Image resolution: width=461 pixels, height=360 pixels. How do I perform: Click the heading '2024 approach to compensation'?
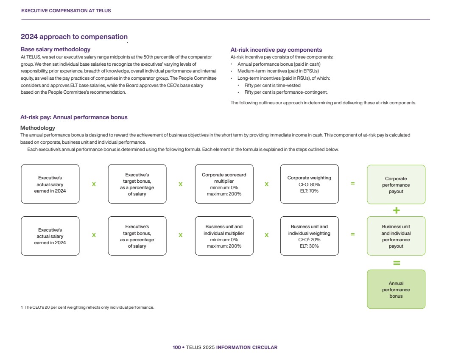point(74,37)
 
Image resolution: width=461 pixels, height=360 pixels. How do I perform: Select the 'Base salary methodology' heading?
point(56,50)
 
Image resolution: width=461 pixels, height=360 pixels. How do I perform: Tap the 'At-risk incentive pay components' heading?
point(276,50)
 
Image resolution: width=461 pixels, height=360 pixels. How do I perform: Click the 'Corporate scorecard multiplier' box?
point(224,184)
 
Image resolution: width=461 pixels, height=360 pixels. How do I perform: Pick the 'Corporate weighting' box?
point(309,184)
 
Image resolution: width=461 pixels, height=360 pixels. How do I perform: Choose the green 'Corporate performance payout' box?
point(396,185)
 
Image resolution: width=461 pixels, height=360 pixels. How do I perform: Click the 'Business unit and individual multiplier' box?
point(224,236)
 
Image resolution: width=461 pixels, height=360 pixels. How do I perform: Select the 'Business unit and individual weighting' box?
point(309,236)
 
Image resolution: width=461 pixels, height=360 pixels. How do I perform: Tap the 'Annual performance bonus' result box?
point(396,290)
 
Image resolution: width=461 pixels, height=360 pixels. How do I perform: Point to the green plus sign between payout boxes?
point(397,211)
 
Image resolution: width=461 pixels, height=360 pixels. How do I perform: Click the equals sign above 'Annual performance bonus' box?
point(397,263)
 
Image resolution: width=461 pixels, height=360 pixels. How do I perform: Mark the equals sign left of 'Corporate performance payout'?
point(352,184)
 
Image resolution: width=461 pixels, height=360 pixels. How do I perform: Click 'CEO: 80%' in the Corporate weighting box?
point(309,184)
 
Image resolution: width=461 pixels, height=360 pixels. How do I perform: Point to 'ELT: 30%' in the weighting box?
point(309,246)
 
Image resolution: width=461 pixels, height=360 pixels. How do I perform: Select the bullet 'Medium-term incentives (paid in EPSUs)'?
point(278,71)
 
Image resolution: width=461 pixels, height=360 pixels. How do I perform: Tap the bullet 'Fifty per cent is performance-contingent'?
point(286,92)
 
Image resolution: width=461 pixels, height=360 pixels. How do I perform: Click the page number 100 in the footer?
point(176,347)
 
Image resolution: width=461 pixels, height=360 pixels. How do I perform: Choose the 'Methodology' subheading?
point(38,128)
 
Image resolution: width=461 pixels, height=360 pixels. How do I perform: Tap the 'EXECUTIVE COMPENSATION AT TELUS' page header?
point(66,11)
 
